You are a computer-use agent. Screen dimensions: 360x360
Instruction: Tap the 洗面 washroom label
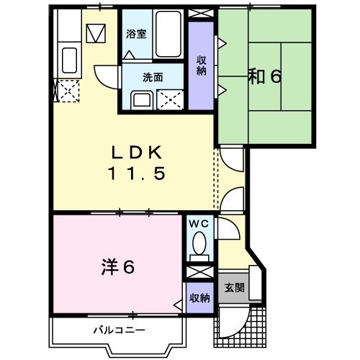152,77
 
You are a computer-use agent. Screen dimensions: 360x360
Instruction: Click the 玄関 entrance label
233,288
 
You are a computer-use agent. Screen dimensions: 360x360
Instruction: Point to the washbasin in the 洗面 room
140,99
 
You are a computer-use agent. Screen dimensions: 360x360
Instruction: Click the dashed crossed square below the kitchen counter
68,91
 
